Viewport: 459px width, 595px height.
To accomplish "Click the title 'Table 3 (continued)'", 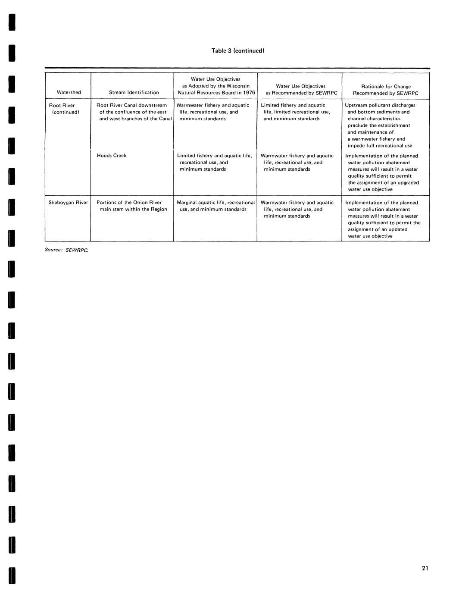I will [237, 51].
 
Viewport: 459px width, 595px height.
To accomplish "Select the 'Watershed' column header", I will [69, 92].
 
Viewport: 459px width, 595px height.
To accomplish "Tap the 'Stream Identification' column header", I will [134, 92].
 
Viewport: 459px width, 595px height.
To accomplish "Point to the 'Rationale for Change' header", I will [386, 87].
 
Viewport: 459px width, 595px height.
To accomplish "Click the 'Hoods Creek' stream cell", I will [112, 156].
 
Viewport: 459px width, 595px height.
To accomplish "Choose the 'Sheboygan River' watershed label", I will [68, 203].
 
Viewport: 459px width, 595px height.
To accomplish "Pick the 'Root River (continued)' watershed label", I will [64, 109].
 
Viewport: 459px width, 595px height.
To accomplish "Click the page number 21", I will [425, 568].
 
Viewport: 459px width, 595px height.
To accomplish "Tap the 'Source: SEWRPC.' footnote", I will [66, 250].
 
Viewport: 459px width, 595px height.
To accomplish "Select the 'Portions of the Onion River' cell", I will [129, 203].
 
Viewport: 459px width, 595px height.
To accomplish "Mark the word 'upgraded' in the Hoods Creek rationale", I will [408, 183].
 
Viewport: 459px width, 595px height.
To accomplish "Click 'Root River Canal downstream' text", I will [131, 105].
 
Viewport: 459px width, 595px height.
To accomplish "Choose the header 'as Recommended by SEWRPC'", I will [301, 93].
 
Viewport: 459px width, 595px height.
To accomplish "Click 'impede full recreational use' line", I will [380, 146].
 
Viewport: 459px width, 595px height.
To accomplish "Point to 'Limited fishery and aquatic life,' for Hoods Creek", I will [214, 156].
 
